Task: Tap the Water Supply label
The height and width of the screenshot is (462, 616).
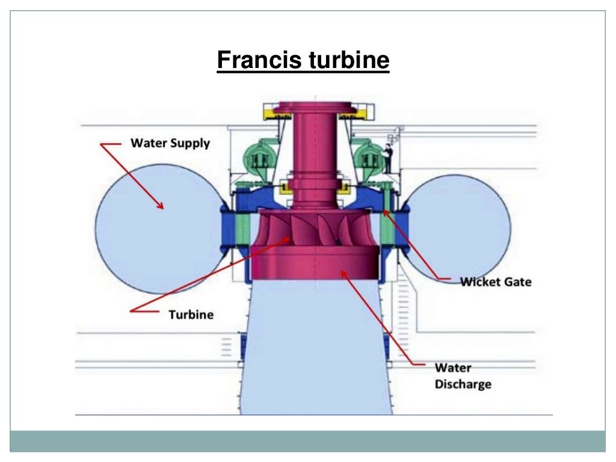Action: (x=170, y=143)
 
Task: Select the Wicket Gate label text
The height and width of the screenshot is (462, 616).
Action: (x=496, y=281)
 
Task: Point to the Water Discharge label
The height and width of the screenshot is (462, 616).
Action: (x=463, y=375)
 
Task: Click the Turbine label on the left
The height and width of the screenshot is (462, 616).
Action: (x=190, y=315)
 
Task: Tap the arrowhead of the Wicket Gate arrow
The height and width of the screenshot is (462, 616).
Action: (x=386, y=211)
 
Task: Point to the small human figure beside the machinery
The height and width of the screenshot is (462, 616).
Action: (x=389, y=158)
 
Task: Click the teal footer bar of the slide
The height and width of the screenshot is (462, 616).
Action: (x=307, y=441)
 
